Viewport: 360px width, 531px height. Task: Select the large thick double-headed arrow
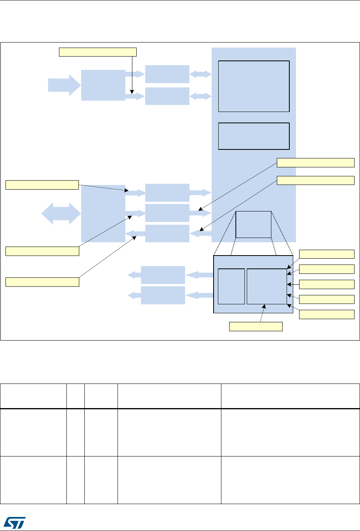61,213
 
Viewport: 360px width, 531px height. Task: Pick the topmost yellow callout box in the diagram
98,52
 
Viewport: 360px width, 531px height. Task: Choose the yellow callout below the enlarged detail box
256,327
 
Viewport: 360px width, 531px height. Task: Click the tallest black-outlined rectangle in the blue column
254,86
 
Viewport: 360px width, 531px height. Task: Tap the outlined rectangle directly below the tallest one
254,136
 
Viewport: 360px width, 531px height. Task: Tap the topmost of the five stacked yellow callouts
327,254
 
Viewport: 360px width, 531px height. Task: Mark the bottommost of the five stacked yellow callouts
327,314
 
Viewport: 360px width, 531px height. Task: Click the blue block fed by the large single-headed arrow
103,85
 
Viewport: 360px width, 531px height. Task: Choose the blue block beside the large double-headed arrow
103,213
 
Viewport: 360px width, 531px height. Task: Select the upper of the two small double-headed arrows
200,74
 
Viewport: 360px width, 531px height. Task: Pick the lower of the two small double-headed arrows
200,96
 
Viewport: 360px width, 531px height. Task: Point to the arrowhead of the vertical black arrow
132,92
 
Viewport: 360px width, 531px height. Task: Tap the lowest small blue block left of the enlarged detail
163,295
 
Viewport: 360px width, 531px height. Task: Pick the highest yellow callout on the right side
316,163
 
